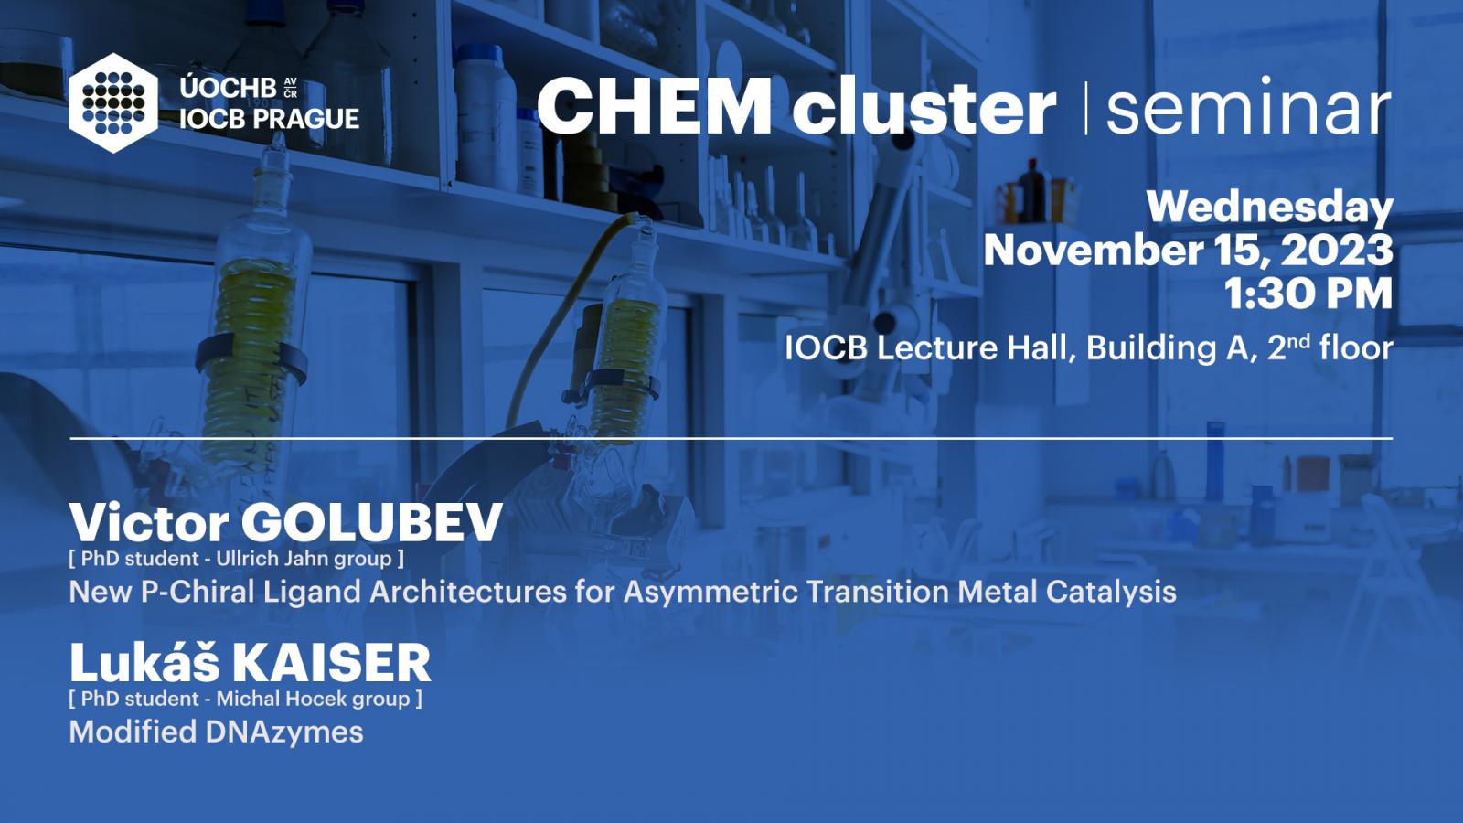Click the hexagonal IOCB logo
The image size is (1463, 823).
pos(113,103)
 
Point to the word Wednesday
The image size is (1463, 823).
pos(1270,208)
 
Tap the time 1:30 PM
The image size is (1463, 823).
pos(1308,294)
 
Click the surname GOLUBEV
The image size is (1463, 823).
pos(371,522)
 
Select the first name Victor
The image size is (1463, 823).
pos(149,522)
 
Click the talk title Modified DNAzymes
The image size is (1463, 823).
pos(216,732)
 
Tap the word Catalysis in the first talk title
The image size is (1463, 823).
pos(1111,592)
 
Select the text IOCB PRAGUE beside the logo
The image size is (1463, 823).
pos(269,119)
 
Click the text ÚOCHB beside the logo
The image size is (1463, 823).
pos(228,88)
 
